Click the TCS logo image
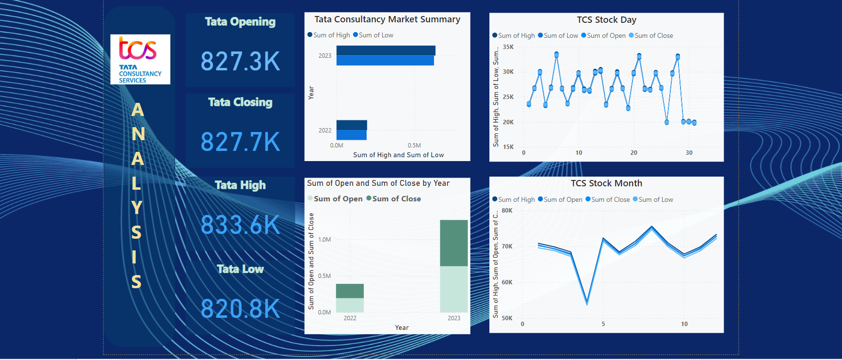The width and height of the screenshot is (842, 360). (140, 59)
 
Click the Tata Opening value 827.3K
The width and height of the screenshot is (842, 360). (240, 62)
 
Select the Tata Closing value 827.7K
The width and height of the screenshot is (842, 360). (240, 142)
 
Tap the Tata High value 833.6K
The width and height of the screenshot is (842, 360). (240, 225)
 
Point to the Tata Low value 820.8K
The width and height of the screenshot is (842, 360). (240, 309)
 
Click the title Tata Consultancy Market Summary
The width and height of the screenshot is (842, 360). (387, 19)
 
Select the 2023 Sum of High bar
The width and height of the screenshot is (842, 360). (386, 50)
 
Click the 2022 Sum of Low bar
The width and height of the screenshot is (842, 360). (352, 135)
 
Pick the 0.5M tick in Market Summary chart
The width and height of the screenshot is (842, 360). (414, 146)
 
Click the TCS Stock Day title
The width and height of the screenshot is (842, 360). (606, 20)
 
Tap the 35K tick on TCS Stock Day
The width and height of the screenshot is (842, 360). (508, 47)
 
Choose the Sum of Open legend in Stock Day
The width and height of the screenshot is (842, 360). (606, 36)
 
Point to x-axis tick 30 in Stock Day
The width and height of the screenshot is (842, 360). (689, 153)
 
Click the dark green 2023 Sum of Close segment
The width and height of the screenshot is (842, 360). (453, 243)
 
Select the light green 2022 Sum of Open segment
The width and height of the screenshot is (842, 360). (350, 305)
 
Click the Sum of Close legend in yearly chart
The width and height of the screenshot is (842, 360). (396, 199)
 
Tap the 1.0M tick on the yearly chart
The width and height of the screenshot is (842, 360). (324, 240)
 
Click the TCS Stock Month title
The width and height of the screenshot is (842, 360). (606, 183)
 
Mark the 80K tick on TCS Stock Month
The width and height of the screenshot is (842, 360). (507, 211)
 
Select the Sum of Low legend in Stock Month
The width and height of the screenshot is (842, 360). (655, 200)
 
